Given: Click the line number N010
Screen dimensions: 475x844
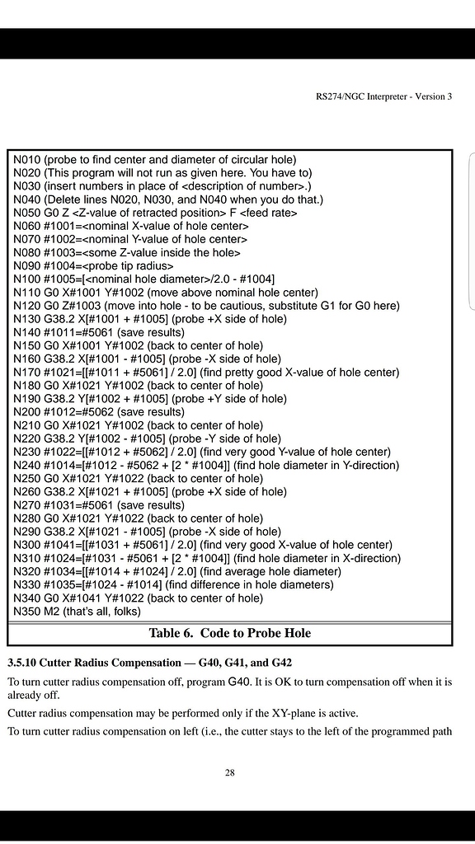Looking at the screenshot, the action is click(28, 159).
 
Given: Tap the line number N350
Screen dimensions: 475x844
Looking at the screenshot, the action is click(28, 612).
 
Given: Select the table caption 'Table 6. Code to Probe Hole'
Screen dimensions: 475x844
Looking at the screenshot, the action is click(229, 633).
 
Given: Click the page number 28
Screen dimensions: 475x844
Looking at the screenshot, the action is click(230, 772).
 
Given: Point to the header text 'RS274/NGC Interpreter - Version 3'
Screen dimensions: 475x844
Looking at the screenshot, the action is click(384, 96).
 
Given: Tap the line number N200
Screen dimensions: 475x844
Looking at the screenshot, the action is click(28, 412).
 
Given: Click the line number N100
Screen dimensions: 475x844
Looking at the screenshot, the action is click(28, 279).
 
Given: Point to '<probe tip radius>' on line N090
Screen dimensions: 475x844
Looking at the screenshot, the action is click(127, 265).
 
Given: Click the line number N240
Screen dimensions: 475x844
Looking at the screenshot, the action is click(28, 465).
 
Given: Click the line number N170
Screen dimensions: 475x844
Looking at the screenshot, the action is click(28, 372).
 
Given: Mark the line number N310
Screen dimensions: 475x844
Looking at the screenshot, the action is click(28, 558).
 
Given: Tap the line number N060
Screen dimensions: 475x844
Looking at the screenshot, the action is click(28, 226).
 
